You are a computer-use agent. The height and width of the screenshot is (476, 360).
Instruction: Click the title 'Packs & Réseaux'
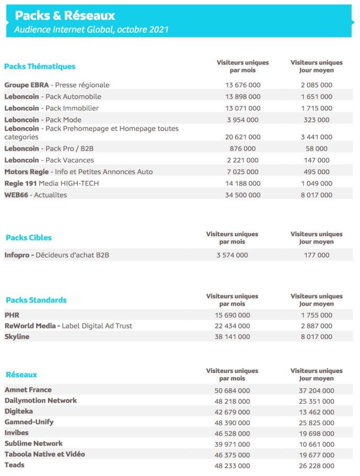click(65, 16)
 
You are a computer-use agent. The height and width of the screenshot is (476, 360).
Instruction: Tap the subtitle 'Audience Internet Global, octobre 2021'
click(91, 30)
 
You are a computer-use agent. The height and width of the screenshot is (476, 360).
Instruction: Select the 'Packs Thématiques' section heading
click(40, 66)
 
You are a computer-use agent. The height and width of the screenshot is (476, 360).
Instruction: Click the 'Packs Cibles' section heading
click(29, 238)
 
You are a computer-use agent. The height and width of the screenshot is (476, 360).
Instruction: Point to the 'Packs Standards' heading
click(36, 300)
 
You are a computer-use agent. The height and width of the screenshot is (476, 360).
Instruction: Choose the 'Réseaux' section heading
click(21, 375)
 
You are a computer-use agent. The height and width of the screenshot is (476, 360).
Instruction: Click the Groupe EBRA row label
click(57, 85)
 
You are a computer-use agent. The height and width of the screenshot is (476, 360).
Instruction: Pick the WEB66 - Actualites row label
click(36, 195)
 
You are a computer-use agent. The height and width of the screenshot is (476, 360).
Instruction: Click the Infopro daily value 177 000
click(316, 256)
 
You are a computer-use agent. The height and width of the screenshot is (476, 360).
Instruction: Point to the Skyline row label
click(17, 337)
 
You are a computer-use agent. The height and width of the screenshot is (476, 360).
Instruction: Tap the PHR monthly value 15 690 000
click(232, 315)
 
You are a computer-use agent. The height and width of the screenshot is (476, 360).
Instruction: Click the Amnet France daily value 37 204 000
click(316, 390)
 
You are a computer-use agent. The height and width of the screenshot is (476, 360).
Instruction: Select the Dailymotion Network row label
click(41, 401)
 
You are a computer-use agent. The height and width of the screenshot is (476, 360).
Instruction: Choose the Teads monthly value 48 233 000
click(232, 466)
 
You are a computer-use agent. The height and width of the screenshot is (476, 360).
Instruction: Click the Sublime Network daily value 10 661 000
click(316, 444)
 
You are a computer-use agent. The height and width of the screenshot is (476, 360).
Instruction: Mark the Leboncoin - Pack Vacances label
click(49, 160)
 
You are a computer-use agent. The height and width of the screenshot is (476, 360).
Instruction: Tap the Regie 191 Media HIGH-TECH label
click(51, 183)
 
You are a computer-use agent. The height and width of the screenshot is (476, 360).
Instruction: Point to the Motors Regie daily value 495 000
click(316, 172)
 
